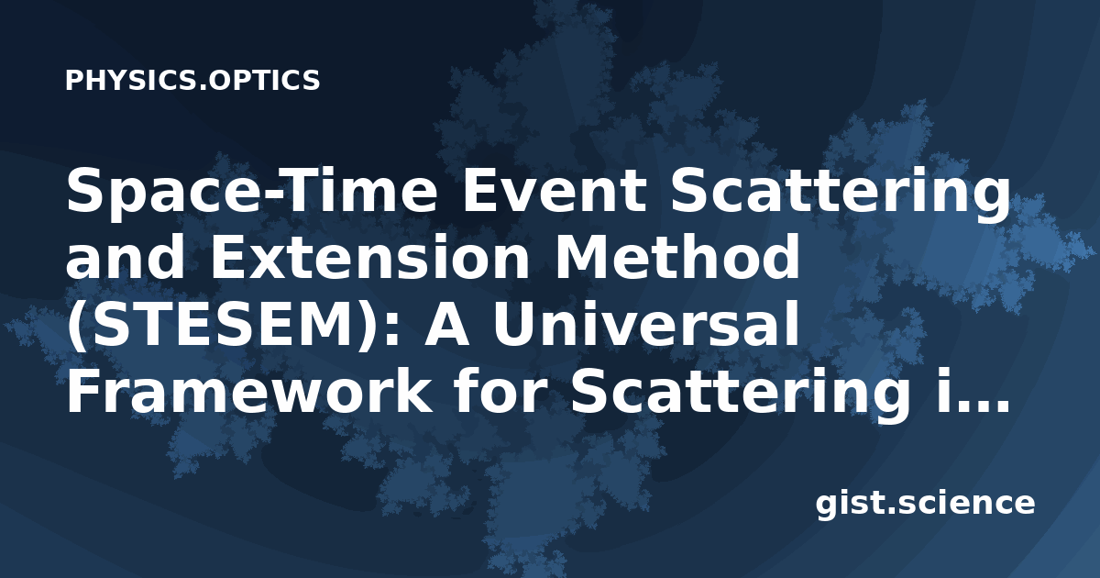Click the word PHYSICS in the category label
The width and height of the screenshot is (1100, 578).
[129, 80]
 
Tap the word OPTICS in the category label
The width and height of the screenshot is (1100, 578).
[261, 80]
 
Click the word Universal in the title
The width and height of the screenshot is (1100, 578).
[646, 325]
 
